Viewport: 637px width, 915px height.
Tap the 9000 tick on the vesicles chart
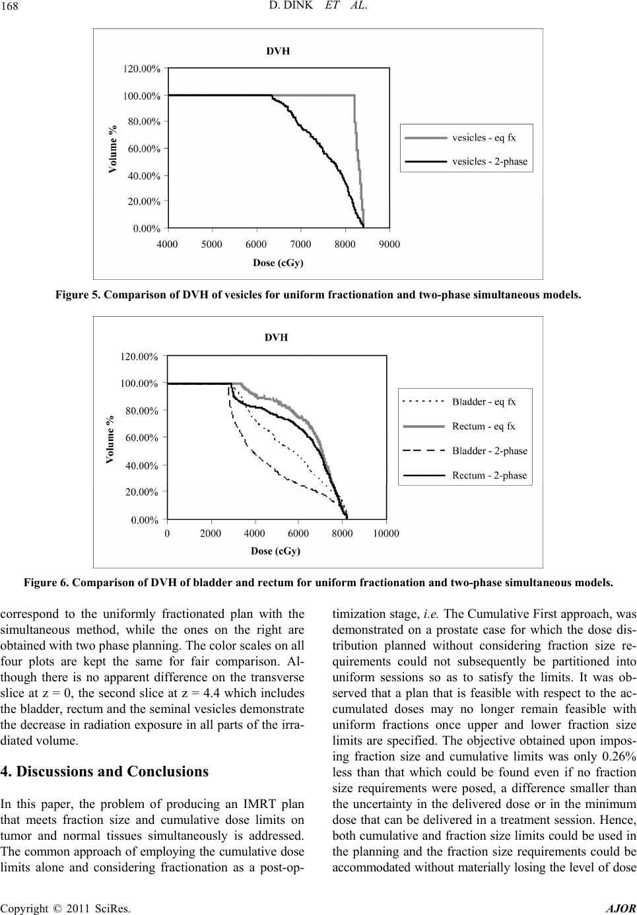(390, 244)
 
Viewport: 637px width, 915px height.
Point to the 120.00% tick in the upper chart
(142, 68)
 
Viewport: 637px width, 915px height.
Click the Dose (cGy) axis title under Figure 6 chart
(276, 551)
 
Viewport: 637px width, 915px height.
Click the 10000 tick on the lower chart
(386, 533)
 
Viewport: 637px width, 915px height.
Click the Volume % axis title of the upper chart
(112, 149)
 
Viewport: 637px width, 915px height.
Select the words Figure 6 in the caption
(46, 582)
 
